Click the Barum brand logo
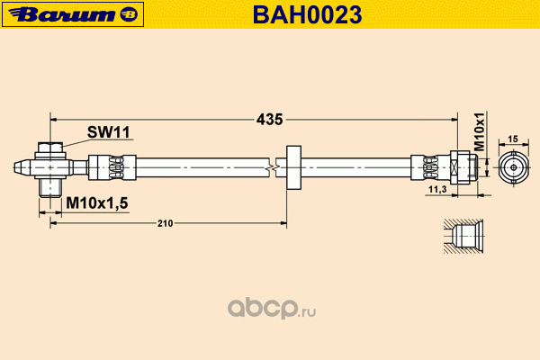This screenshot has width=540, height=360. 73,14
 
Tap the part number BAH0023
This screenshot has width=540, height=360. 307,14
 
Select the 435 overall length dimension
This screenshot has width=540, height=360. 269,120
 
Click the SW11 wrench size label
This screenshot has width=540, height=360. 109,132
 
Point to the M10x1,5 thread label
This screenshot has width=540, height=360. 97,202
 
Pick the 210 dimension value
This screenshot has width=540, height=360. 165,223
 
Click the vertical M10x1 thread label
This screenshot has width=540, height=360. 479,131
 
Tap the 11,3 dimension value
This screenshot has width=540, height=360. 437,189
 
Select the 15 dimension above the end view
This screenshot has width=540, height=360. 513,139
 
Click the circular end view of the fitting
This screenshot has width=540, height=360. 514,167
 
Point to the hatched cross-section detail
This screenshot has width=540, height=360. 463,237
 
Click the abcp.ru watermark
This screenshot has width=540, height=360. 272,308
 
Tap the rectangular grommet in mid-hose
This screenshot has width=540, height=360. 293,167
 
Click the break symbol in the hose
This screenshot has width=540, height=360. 273,167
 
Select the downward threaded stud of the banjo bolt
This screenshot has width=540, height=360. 50,188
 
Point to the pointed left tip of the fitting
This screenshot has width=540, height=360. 14,167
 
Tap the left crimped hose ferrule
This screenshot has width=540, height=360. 112,167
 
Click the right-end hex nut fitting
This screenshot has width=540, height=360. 460,167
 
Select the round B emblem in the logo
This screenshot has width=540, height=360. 129,14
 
